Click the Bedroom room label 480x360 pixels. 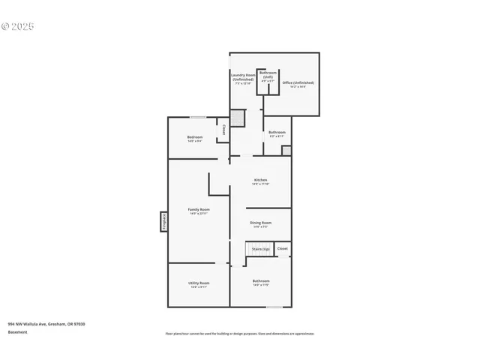coord(195,139)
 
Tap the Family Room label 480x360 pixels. coord(199,211)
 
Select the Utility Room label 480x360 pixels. coord(199,284)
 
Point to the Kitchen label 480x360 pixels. coord(260,181)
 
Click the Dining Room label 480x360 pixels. coord(260,224)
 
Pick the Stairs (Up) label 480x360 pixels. coord(260,248)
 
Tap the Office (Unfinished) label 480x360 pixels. coord(298,84)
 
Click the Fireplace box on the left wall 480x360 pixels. coord(163,221)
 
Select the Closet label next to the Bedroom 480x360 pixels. coord(223,130)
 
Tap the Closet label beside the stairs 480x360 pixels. coord(282,248)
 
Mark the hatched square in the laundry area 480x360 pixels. coord(237,118)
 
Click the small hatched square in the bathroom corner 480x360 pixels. coord(286,151)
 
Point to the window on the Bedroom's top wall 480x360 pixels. coord(198,117)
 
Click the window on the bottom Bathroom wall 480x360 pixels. coord(274,306)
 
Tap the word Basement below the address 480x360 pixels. coord(18,331)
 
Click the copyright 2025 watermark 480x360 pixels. coord(18,26)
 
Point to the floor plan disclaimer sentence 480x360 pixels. coord(239,333)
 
